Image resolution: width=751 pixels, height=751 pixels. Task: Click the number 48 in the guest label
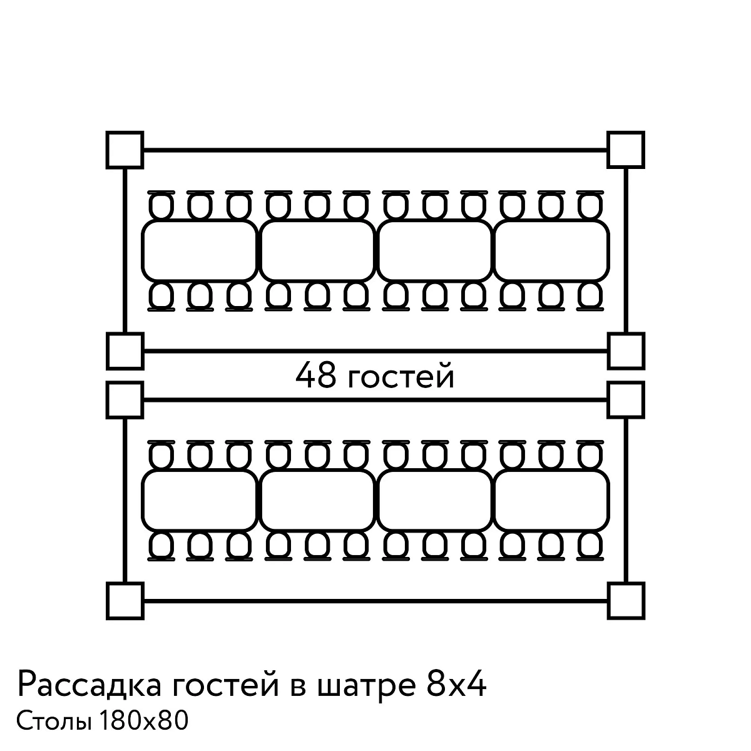click(x=315, y=375)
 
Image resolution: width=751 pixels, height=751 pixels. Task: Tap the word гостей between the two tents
click(x=401, y=376)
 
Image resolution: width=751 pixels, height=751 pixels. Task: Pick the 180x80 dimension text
click(x=144, y=720)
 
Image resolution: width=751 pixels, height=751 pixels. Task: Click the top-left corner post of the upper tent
click(x=125, y=150)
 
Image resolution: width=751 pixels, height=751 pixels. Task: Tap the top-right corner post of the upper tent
click(x=626, y=150)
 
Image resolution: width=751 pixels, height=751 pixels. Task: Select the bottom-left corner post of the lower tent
click(x=125, y=601)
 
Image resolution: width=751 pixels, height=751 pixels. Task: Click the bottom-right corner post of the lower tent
click(x=626, y=601)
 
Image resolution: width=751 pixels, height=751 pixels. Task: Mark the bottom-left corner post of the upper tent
click(x=125, y=351)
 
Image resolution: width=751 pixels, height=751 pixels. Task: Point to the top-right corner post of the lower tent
click(x=626, y=401)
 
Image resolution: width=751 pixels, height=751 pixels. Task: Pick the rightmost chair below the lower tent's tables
click(x=590, y=546)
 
